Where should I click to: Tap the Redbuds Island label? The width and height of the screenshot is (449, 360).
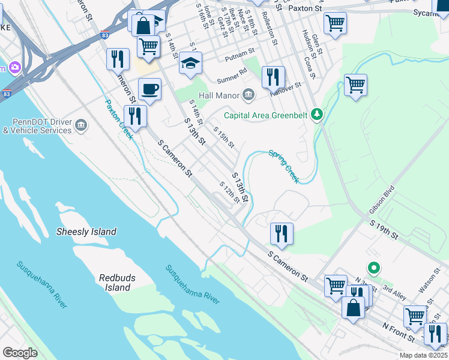114,283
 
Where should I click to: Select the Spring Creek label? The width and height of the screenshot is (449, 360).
283,166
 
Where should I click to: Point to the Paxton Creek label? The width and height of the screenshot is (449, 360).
119,119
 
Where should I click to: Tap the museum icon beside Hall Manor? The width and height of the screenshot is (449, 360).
249,95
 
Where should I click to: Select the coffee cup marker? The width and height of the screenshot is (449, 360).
149,89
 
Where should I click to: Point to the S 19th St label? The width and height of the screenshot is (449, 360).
384,230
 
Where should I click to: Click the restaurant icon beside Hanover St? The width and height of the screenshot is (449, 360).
273,77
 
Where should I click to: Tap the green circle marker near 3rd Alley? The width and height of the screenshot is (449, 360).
373,268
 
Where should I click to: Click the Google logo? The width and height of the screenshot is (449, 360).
20,353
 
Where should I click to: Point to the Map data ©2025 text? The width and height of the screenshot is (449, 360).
423,355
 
